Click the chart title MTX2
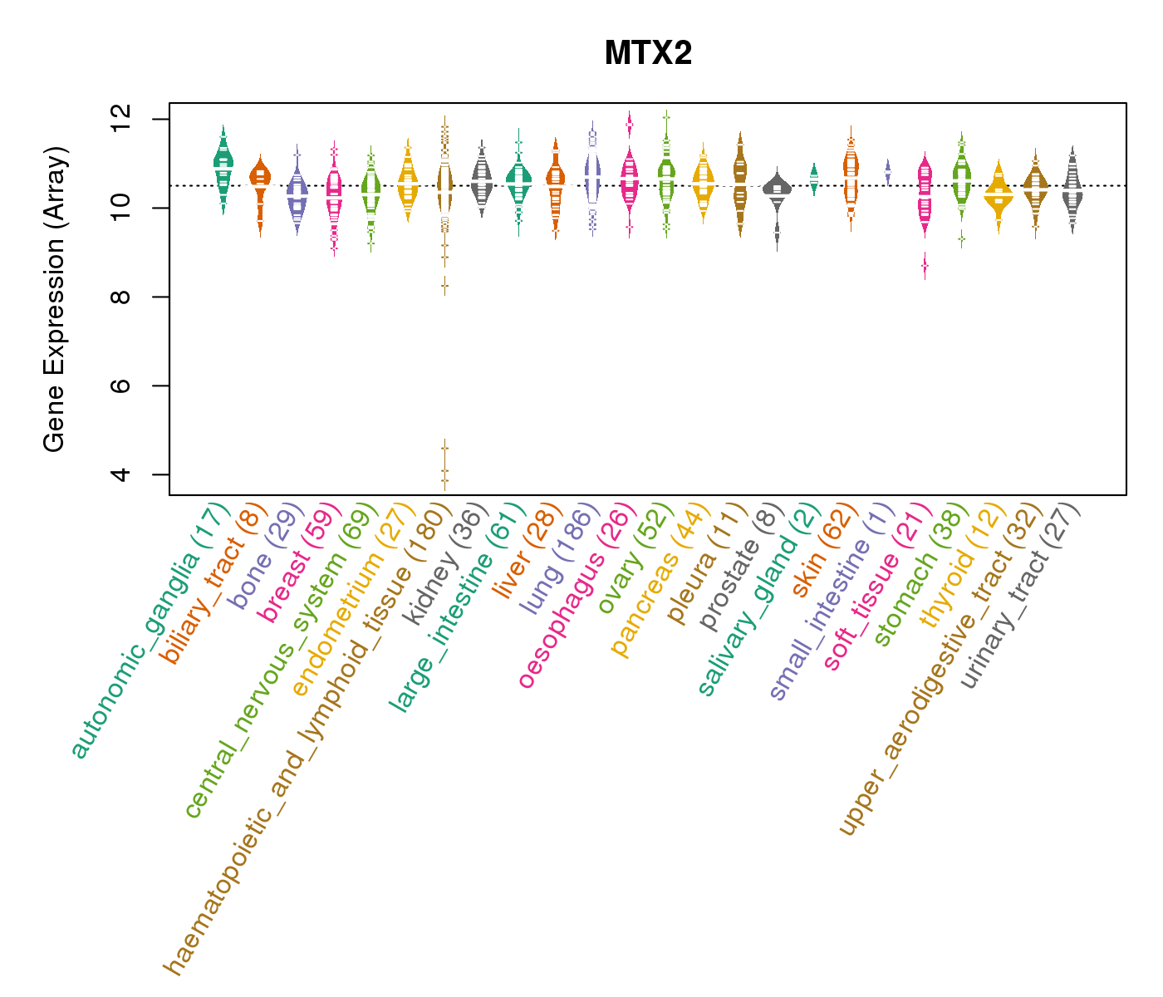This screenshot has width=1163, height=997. pos(648,54)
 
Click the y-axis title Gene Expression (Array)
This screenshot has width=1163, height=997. pos(55,299)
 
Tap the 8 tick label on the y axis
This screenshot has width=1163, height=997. pos(125,297)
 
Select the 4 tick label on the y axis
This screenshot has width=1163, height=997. pos(125,474)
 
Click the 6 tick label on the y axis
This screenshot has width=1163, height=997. pos(125,386)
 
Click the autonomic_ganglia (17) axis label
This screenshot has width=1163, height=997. pos(150,631)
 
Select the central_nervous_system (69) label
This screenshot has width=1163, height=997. pos(279,661)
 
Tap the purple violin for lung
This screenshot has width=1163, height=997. pos(592,174)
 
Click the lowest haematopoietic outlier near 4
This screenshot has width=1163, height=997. pos(444,481)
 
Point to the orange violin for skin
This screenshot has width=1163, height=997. pos(851,174)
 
